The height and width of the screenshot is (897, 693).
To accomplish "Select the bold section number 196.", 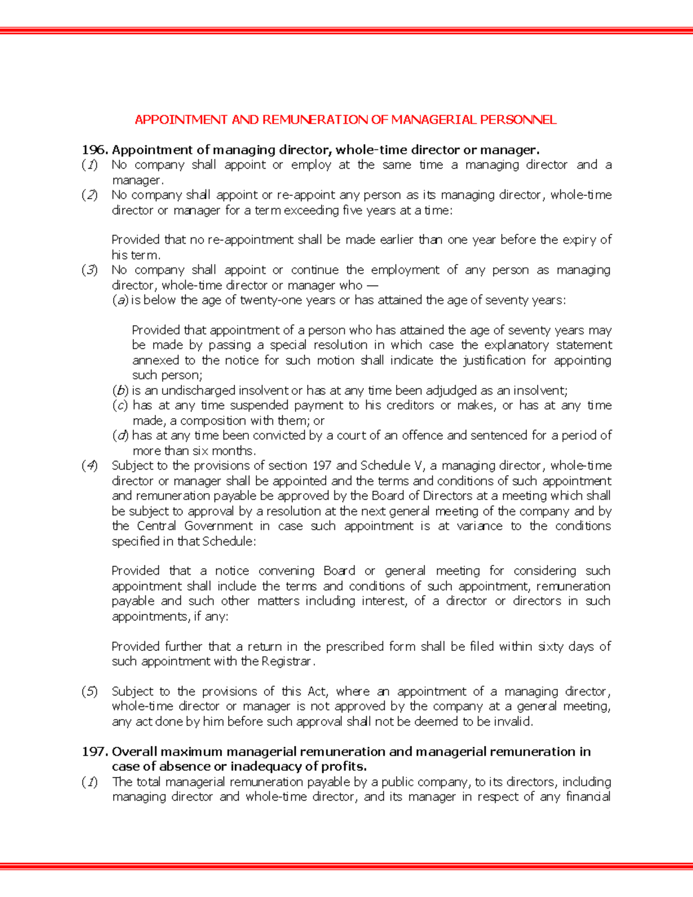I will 95,150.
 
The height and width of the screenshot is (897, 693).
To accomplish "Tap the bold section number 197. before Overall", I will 95,751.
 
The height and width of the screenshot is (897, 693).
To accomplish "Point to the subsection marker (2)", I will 90,195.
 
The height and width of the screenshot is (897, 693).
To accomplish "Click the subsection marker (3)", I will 90,270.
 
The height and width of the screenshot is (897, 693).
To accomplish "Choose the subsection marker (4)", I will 90,466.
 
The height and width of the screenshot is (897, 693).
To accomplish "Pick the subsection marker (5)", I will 90,691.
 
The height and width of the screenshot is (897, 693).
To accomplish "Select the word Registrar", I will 287,661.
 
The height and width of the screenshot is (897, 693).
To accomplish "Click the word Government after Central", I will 218,526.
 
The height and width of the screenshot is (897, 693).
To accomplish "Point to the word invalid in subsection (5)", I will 512,721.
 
